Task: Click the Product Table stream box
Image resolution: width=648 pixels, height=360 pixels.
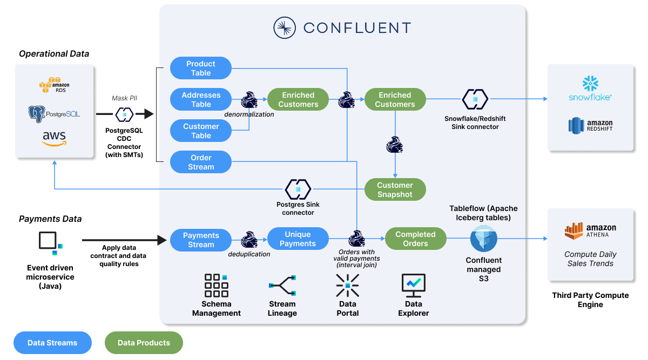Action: (x=201, y=69)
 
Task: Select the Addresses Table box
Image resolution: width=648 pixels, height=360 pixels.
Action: (x=201, y=100)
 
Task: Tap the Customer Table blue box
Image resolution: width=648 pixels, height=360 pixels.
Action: (x=201, y=131)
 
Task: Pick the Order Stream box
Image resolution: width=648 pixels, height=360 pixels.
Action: (x=201, y=162)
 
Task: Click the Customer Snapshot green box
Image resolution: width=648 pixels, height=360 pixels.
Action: (x=395, y=190)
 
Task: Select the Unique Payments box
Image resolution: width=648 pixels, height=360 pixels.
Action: (x=298, y=239)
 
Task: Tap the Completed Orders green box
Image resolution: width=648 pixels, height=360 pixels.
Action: (x=415, y=239)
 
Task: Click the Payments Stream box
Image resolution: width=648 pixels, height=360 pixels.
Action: (x=201, y=240)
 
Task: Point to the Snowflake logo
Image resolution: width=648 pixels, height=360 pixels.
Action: (x=590, y=89)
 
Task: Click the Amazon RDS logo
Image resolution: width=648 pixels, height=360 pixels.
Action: (x=54, y=85)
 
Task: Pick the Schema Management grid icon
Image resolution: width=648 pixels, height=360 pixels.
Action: (x=216, y=286)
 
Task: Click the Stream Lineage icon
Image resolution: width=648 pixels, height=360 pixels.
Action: (x=282, y=286)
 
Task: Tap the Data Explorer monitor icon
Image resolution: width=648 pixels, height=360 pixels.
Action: (x=414, y=286)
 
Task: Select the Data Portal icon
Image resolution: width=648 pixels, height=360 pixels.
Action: (x=347, y=286)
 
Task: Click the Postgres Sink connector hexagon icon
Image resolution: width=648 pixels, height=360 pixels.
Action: (x=298, y=189)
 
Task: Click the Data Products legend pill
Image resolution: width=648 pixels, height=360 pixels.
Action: (x=144, y=343)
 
